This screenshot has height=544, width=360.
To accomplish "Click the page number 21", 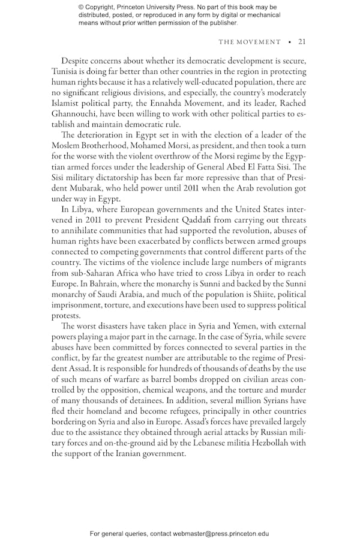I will click(302, 42).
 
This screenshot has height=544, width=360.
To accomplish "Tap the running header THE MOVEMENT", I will click(249, 42).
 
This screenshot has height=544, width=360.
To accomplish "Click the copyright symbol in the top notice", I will click(81, 7).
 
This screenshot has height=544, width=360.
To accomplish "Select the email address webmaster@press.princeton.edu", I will click(221, 533).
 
